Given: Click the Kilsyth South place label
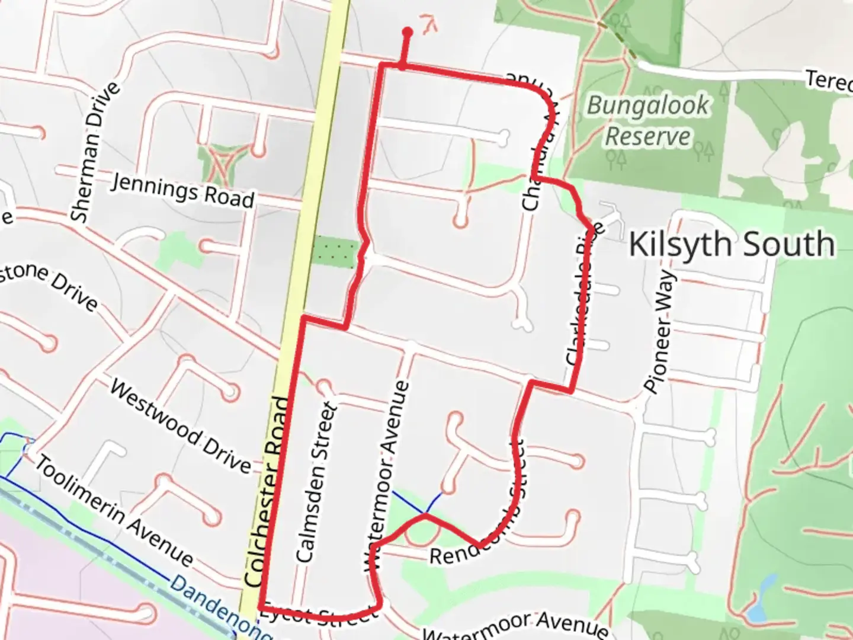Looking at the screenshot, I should click(732, 244).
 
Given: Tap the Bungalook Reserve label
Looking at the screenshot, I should click(648, 121).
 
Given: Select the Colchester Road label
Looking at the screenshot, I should click(270, 492).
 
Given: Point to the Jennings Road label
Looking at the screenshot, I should click(182, 190).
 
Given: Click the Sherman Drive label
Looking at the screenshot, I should click(95, 153).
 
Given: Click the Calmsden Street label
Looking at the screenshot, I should click(316, 482).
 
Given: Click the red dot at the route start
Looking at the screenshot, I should click(407, 31).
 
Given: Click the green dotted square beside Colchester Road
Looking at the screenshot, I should click(335, 251).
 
